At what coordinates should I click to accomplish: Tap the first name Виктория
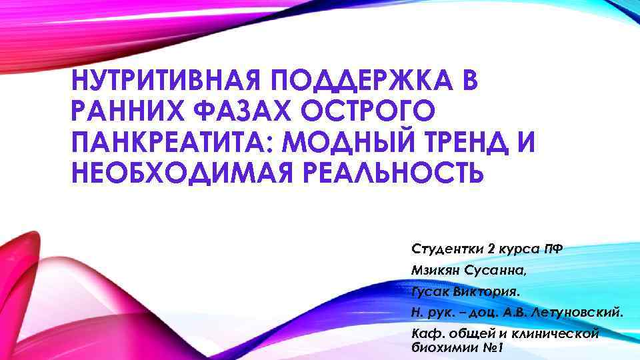pos(490,291)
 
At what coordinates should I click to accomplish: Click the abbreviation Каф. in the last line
pos(427,334)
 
